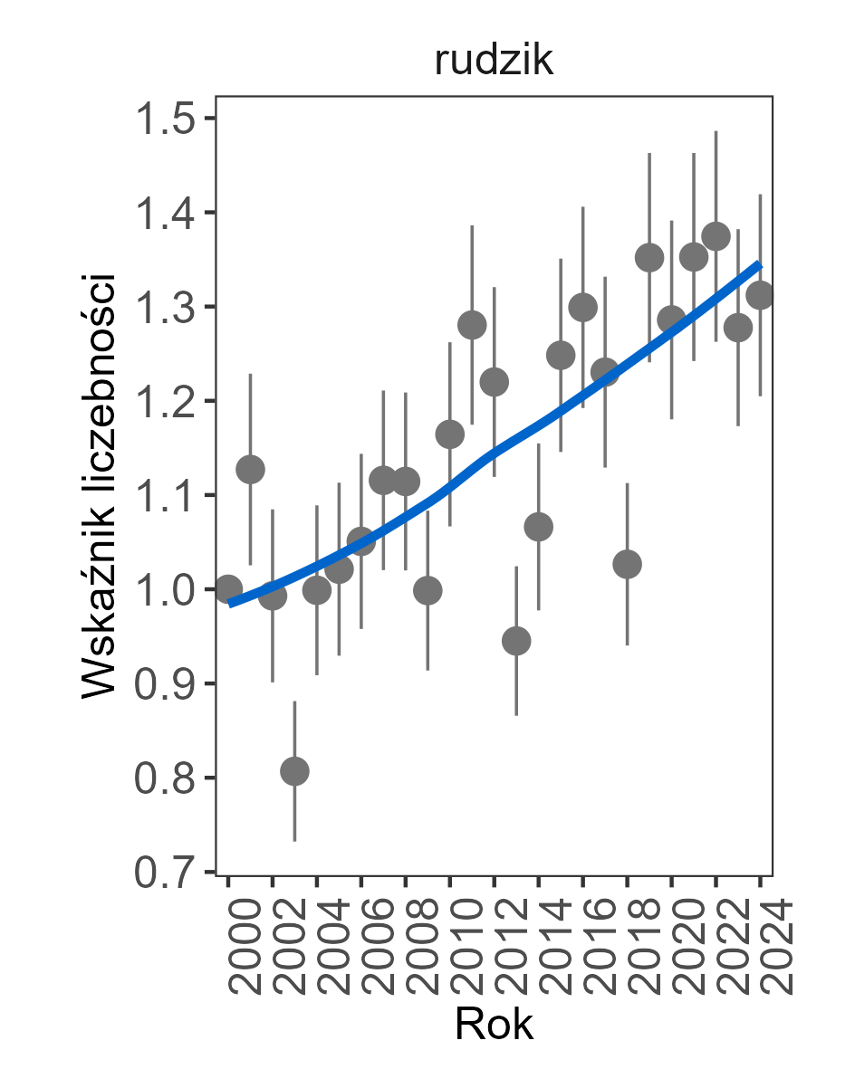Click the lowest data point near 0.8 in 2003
[x=294, y=771]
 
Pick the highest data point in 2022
[x=716, y=237]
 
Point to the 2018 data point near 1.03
[x=627, y=564]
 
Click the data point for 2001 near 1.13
[x=250, y=469]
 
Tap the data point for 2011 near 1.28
[x=472, y=325]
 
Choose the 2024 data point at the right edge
[x=760, y=295]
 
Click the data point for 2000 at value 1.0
[x=228, y=589]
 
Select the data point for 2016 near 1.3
[x=582, y=308]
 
